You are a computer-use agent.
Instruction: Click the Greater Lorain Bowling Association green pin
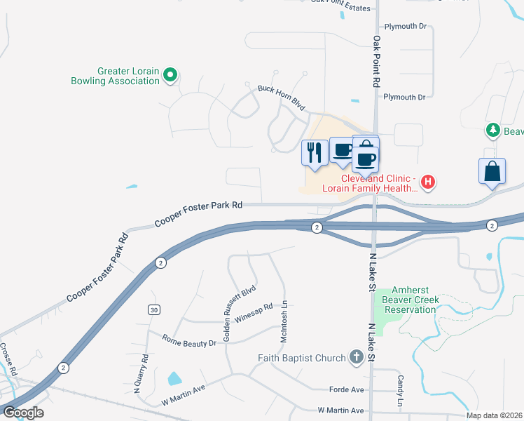(170, 74)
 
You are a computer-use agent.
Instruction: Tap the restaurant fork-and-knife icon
(314, 152)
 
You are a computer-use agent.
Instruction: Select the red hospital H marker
(428, 183)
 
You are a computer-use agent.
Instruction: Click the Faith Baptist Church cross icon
(356, 358)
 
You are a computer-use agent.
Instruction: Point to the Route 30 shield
(153, 309)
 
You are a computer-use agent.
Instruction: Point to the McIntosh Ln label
(284, 322)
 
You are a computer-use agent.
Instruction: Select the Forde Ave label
(347, 389)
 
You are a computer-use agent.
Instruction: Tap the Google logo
(22, 412)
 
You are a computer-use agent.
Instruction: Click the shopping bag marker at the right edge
(492, 171)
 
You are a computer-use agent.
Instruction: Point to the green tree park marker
(492, 131)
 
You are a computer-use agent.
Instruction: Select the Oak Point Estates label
(340, 8)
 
